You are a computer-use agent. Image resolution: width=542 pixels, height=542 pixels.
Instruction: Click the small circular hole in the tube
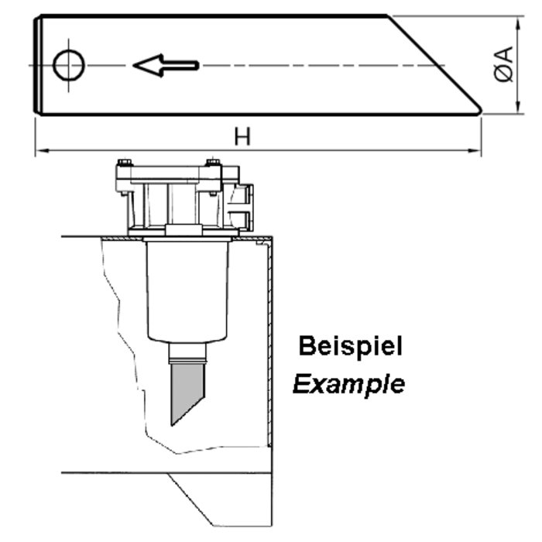pos(70,63)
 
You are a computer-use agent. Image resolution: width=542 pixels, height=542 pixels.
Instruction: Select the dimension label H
pos(242,136)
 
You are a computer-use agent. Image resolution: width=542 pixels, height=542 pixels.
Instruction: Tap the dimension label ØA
pos(503,63)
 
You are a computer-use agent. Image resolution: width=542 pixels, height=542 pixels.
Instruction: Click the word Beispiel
pos(350,346)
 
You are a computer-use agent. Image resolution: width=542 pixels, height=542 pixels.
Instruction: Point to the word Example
pos(348,382)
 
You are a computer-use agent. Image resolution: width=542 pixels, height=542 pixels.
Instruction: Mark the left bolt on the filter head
pos(122,167)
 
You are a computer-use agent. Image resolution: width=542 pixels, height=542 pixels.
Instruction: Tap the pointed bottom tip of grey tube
pos(172,423)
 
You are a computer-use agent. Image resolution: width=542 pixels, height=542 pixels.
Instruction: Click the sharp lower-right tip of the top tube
pos(481,110)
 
